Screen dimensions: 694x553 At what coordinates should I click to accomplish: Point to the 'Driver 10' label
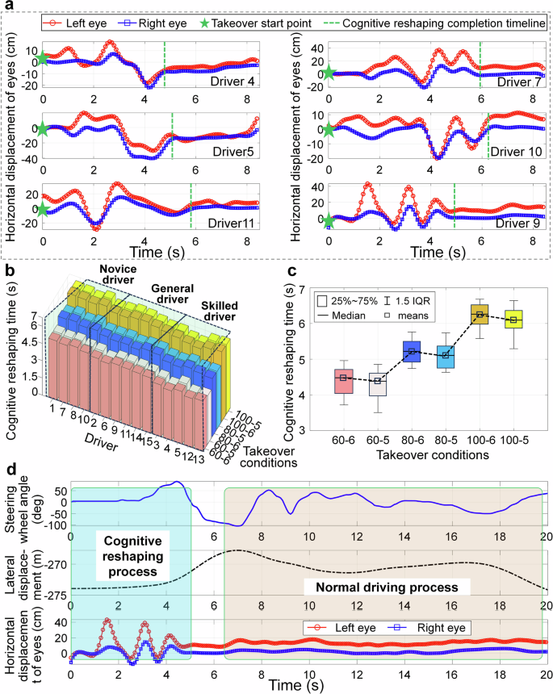point(508,151)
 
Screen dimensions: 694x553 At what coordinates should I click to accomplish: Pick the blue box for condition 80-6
point(413,351)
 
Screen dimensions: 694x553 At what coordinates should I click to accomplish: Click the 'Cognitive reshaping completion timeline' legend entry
point(441,26)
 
